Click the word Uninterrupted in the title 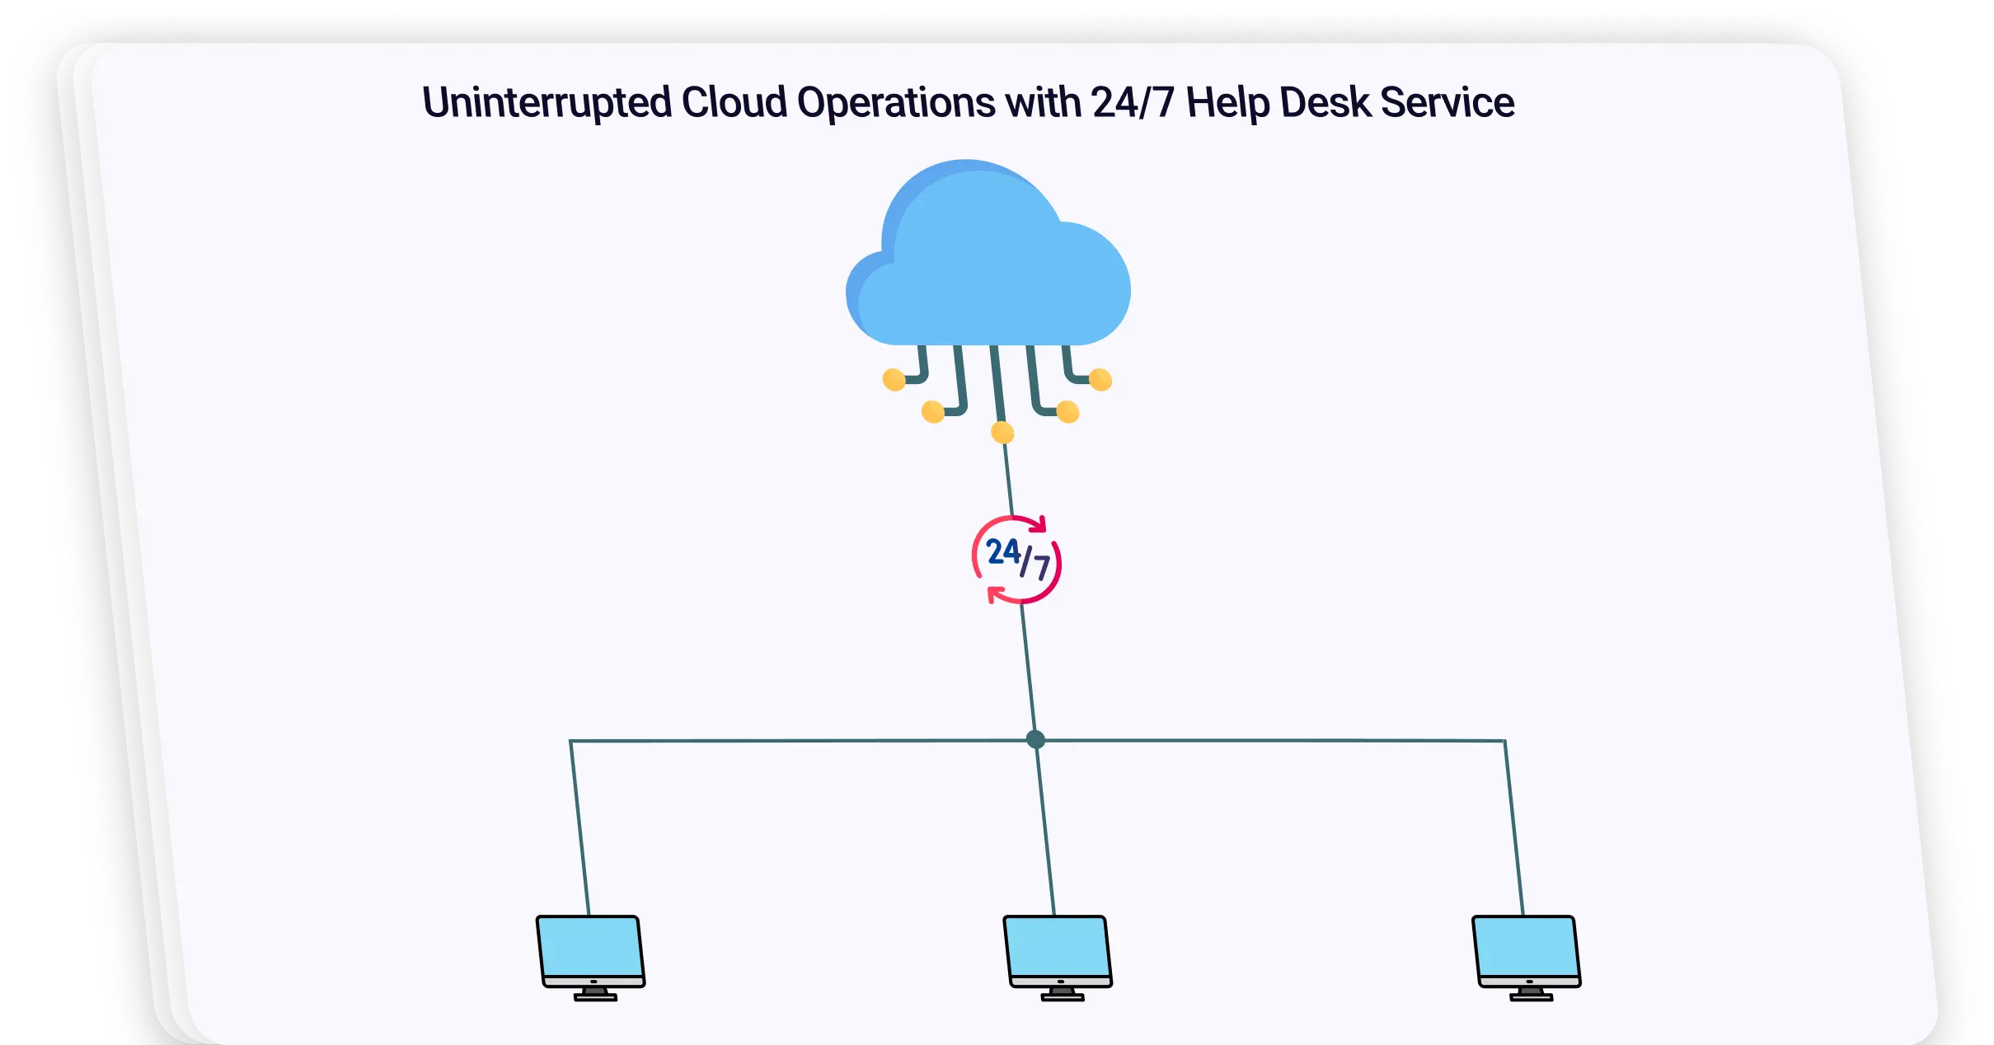547,103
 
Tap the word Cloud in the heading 734,103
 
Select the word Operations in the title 896,103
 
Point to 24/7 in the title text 1132,103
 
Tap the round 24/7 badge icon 1016,560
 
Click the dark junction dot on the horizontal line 1036,739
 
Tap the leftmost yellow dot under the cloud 894,380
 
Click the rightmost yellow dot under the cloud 1100,380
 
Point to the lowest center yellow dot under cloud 1002,432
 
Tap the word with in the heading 1043,103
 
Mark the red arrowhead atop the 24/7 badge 1040,524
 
